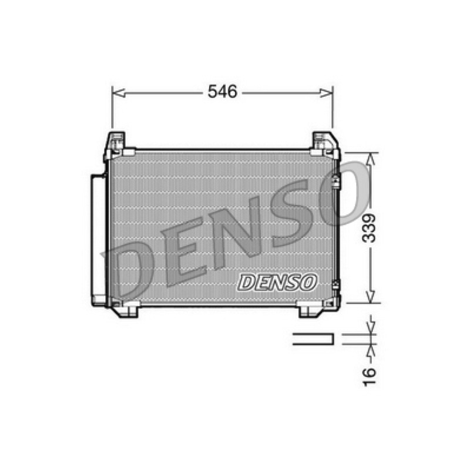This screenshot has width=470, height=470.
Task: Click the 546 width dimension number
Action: [x=223, y=92]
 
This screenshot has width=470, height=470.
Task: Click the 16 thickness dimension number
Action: [x=370, y=377]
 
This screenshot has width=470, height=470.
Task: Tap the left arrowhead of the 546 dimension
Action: [x=118, y=93]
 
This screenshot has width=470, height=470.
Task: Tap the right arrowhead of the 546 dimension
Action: [x=326, y=93]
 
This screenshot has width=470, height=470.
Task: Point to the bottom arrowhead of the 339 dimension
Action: [x=371, y=296]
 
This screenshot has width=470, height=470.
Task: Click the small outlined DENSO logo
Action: [x=277, y=283]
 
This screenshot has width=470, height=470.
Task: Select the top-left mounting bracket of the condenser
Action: [x=115, y=145]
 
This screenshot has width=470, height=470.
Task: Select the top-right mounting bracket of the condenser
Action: [x=325, y=145]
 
